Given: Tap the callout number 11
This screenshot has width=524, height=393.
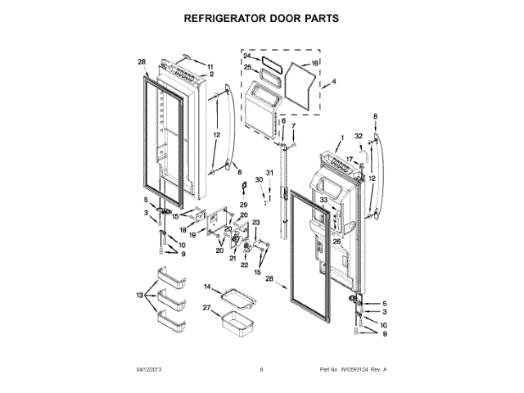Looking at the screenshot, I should tap(210, 66).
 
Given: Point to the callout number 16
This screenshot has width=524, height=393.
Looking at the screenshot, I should tap(315, 62).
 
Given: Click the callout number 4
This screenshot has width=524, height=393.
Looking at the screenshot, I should tap(333, 82).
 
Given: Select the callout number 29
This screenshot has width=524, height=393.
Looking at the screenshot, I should tap(242, 204).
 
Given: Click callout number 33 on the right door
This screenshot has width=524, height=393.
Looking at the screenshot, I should tap(323, 201).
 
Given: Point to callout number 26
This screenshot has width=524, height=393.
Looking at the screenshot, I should tap(337, 242).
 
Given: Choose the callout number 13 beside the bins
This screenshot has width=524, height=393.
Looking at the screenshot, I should tap(140, 295).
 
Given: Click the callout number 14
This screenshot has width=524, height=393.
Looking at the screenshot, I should tap(208, 287).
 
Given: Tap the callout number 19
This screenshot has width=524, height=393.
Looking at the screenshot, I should tap(192, 234).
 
